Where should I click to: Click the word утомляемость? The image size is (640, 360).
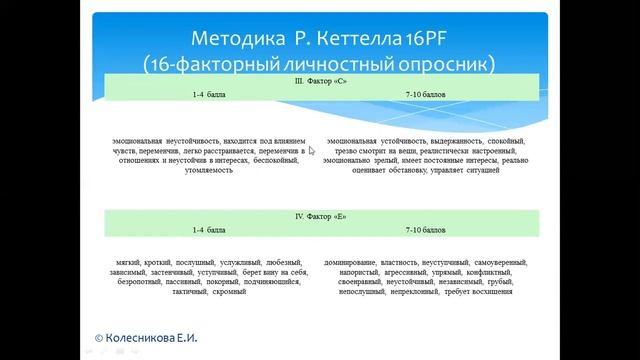[210, 170]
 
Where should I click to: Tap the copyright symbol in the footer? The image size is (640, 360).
[99, 340]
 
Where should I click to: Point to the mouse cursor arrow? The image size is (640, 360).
[312, 152]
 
